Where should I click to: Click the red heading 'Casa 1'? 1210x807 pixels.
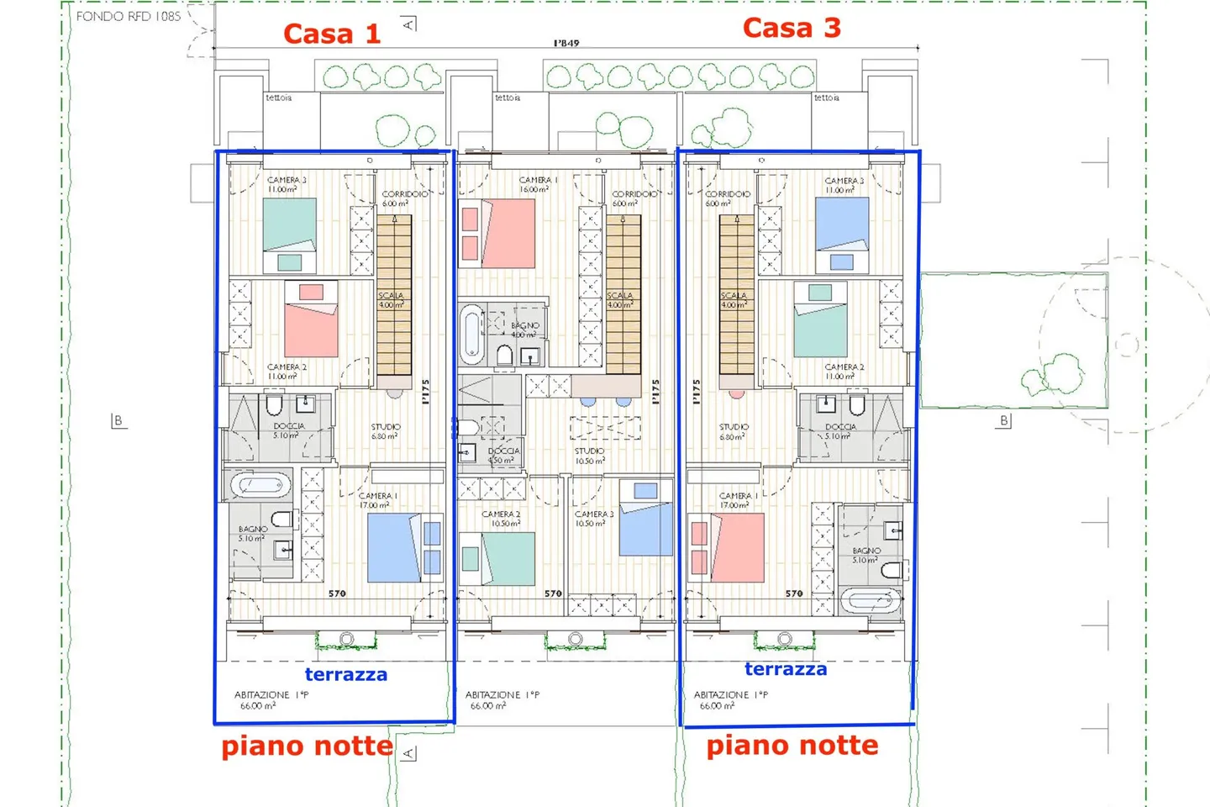pyautogui.click(x=332, y=34)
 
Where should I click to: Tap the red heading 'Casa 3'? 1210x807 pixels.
pyautogui.click(x=792, y=28)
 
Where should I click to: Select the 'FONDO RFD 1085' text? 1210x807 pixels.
pyautogui.click(x=128, y=16)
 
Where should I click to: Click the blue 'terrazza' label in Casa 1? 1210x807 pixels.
pyautogui.click(x=345, y=674)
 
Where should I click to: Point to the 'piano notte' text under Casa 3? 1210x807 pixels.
pyautogui.click(x=792, y=745)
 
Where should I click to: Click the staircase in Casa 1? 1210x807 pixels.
pyautogui.click(x=393, y=294)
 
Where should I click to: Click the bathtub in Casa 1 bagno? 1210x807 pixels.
pyautogui.click(x=260, y=485)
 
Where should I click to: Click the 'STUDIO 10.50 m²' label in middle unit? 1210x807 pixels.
pyautogui.click(x=590, y=456)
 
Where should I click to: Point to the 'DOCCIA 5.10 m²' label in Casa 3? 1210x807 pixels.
pyautogui.click(x=840, y=431)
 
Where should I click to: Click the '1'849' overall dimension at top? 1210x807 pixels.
pyautogui.click(x=566, y=43)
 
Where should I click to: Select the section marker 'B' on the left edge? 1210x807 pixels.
pyautogui.click(x=118, y=420)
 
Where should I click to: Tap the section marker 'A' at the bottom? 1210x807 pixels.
pyautogui.click(x=408, y=752)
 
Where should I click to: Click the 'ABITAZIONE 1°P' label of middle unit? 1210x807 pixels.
pyautogui.click(x=502, y=695)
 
